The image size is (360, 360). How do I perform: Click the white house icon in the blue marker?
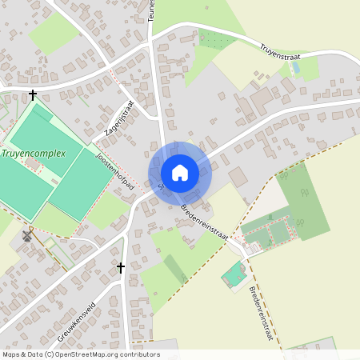pos(180,173)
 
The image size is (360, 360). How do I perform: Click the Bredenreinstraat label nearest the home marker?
pos(205,222)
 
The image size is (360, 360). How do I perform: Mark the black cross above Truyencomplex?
pos(33,95)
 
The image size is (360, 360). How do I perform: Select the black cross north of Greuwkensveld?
pos(121,267)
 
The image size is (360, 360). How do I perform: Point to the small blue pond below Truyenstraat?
pos(297,69)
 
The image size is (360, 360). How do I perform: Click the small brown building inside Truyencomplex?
pos(33,164)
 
